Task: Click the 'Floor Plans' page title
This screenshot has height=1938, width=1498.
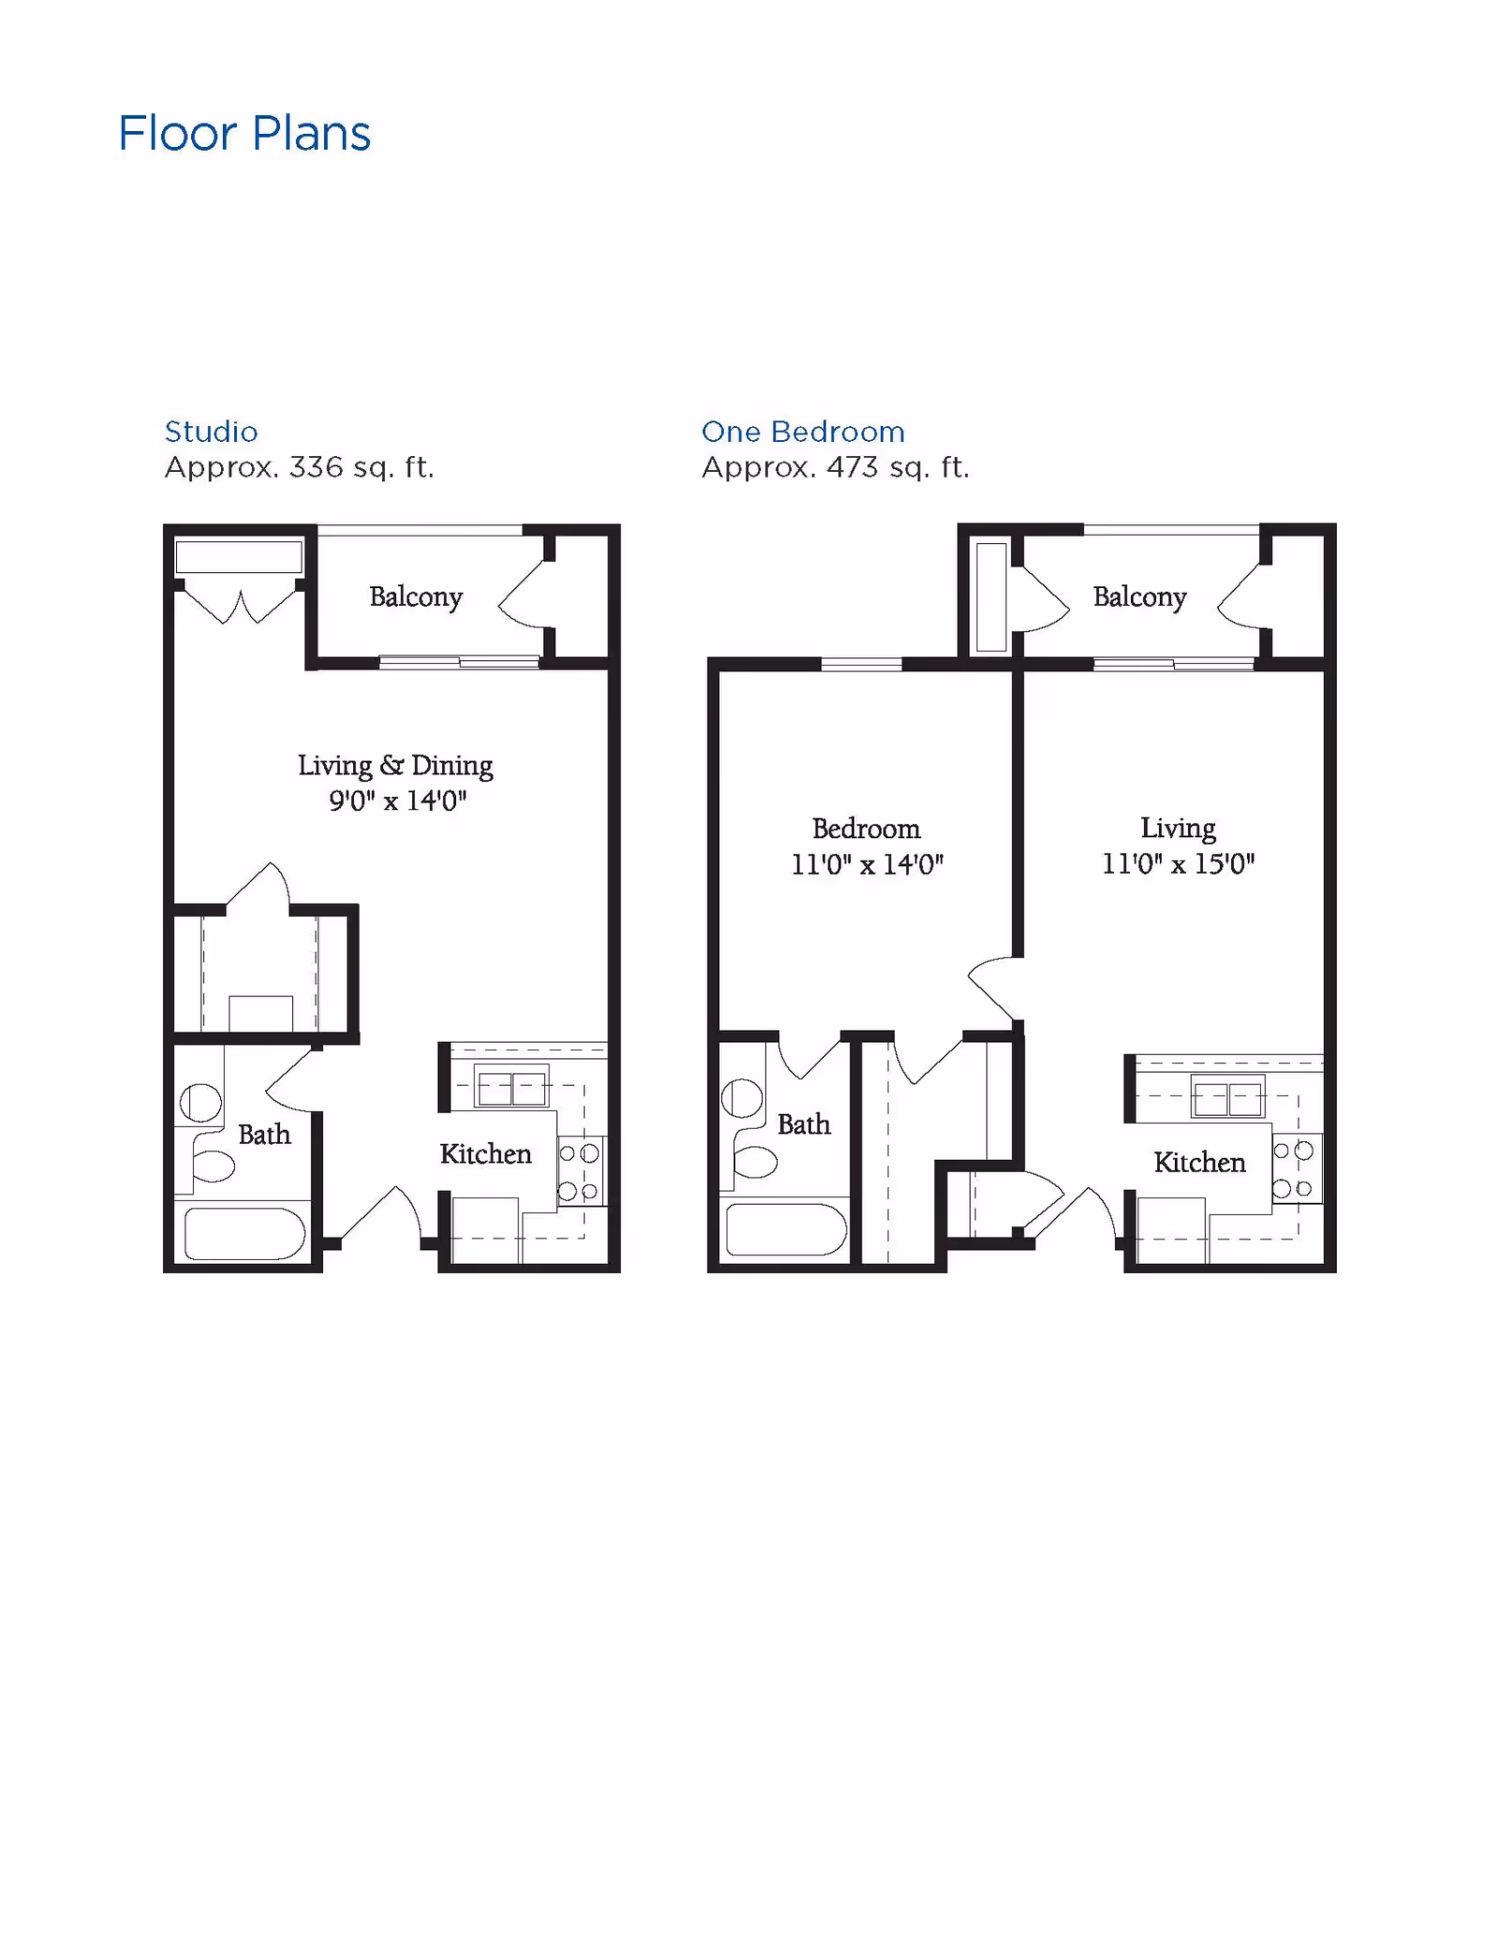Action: [x=244, y=133]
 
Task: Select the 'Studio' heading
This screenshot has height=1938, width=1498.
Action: [x=212, y=432]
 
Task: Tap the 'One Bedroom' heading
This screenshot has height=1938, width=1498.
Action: [x=803, y=432]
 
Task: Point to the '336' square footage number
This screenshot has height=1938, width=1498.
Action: [x=316, y=466]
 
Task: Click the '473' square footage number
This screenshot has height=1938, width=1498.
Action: [x=853, y=466]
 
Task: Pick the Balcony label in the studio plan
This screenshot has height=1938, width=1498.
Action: [x=416, y=597]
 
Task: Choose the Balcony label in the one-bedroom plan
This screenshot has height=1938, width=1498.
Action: [x=1139, y=597]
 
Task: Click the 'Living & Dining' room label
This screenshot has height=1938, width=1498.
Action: [x=395, y=766]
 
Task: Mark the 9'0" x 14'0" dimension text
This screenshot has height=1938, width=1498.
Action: [x=397, y=801]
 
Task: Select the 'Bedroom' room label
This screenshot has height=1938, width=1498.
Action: [x=866, y=829]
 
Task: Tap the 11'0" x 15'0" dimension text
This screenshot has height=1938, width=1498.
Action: [x=1178, y=863]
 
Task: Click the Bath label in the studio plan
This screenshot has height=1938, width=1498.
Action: [x=264, y=1135]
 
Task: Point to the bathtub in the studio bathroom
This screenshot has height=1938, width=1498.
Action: [x=244, y=1234]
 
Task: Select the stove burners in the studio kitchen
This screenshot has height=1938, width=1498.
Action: [x=580, y=1172]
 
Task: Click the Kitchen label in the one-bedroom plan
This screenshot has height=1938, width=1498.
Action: [x=1199, y=1163]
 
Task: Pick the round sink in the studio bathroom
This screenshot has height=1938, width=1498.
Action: [x=200, y=1103]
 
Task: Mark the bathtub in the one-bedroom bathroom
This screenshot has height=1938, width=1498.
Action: [x=786, y=1229]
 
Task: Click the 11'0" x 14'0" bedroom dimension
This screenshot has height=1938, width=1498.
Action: [x=867, y=864]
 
